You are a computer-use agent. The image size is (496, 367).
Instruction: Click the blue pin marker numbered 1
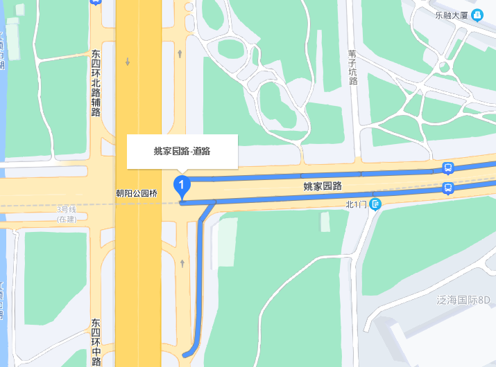click(x=182, y=186)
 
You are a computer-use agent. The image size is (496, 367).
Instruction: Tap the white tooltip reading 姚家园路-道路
click(x=182, y=151)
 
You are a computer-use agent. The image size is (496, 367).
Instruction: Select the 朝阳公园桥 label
click(x=137, y=194)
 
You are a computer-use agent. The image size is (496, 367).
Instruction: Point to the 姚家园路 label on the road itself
click(x=323, y=186)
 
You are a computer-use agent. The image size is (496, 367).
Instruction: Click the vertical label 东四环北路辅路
click(x=96, y=82)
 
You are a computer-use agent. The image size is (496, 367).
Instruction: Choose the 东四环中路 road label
click(x=96, y=342)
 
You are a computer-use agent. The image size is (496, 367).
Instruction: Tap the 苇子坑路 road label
click(x=352, y=66)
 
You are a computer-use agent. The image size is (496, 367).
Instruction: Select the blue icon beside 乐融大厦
click(x=477, y=15)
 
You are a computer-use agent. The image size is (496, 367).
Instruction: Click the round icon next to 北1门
click(x=375, y=204)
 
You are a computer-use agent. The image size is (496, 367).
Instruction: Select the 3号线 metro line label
click(x=66, y=209)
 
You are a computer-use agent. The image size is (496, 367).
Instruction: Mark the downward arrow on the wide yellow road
click(x=128, y=62)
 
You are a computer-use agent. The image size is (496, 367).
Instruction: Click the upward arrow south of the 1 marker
click(x=181, y=262)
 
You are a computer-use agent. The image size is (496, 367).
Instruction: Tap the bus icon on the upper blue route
click(x=448, y=168)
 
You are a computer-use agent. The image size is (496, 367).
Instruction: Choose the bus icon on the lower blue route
click(x=448, y=188)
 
